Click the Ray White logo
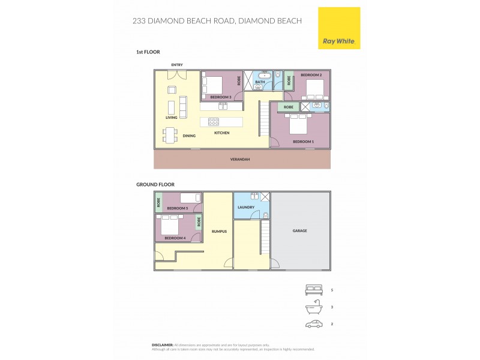[x=338, y=28]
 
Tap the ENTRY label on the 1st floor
[x=176, y=65]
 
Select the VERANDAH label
[x=240, y=160]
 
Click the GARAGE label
[x=299, y=230]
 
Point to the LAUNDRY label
[x=246, y=208]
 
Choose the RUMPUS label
[x=219, y=231]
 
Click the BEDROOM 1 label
[x=303, y=142]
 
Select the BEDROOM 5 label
[x=177, y=208]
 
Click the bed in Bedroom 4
[x=170, y=226]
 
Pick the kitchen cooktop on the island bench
[x=214, y=121]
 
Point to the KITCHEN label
[x=221, y=133]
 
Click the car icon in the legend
[x=314, y=324]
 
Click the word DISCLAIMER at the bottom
[x=162, y=345]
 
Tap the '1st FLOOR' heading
[x=148, y=52]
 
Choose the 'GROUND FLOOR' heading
[x=155, y=185]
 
